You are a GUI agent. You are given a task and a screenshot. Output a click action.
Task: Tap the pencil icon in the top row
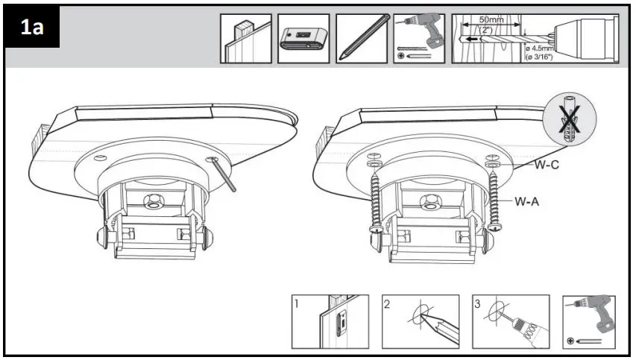tap(362, 37)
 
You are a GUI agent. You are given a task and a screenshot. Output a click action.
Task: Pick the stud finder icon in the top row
tap(303, 39)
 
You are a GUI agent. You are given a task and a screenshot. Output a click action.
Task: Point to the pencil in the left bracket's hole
tap(224, 175)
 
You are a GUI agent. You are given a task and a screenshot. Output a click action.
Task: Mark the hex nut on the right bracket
tap(429, 200)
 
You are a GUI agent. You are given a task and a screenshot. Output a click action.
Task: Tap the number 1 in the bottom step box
tap(297, 303)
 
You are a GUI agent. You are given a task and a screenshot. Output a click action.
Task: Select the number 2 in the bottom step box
tap(387, 303)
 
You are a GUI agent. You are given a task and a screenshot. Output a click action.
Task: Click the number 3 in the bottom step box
tap(477, 303)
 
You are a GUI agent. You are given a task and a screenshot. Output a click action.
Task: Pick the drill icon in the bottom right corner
tap(588, 320)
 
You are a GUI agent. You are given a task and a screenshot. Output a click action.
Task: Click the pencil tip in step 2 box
tap(423, 316)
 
